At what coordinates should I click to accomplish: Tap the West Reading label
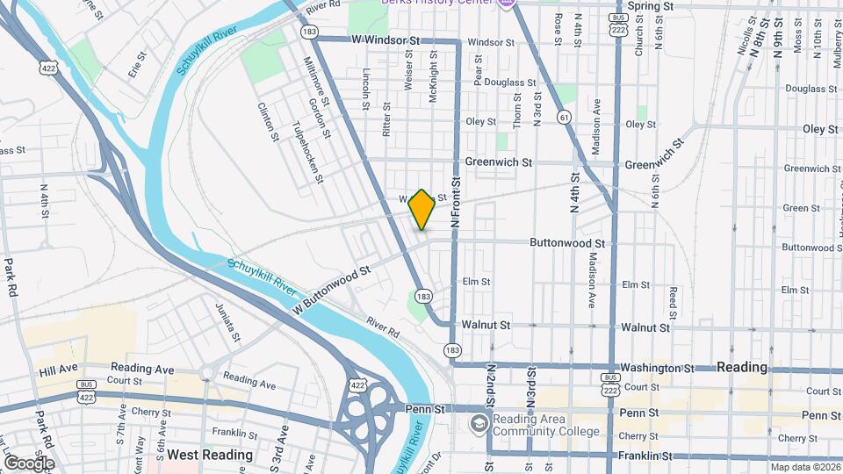pyautogui.click(x=210, y=455)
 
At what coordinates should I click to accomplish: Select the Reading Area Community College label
pyautogui.click(x=546, y=425)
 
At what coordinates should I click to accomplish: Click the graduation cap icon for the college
pyautogui.click(x=479, y=425)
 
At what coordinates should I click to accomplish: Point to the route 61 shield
pyautogui.click(x=562, y=116)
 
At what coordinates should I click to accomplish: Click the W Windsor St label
pyautogui.click(x=385, y=40)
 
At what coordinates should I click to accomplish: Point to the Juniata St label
pyautogui.click(x=228, y=322)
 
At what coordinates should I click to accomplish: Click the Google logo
pyautogui.click(x=28, y=463)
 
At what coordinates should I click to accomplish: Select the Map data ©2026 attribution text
pyautogui.click(x=805, y=467)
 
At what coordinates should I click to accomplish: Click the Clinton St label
pyautogui.click(x=267, y=122)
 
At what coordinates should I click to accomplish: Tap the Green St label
pyautogui.click(x=801, y=208)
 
